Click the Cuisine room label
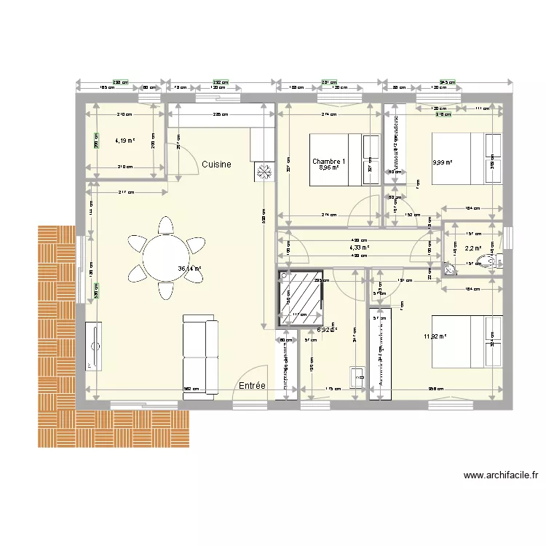pyautogui.click(x=216, y=165)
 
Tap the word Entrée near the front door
pyautogui.click(x=251, y=386)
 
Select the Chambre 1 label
pyautogui.click(x=329, y=162)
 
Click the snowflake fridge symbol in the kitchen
pyautogui.click(x=264, y=172)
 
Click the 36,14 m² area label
pyautogui.click(x=189, y=268)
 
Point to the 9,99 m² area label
pyautogui.click(x=442, y=163)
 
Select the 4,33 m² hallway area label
pyautogui.click(x=360, y=248)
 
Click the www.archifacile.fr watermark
pyautogui.click(x=501, y=476)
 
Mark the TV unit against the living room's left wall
pyautogui.click(x=94, y=347)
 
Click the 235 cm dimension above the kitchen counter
pyautogui.click(x=211, y=114)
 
